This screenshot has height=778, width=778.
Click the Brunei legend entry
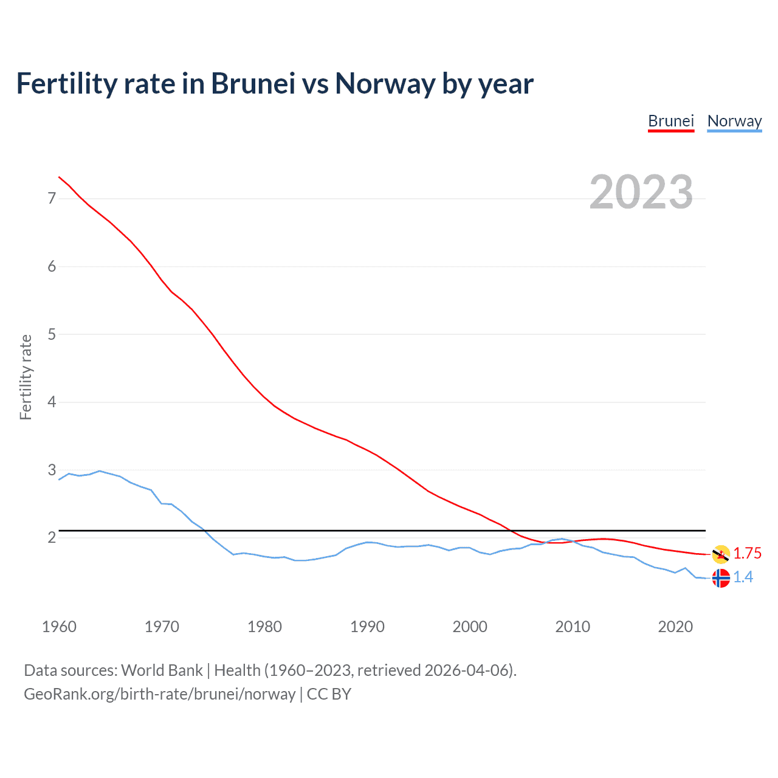[x=671, y=121]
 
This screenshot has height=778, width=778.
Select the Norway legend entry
[x=734, y=121]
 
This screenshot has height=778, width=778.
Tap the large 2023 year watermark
[x=641, y=192]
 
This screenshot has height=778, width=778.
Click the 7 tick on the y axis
[x=52, y=198]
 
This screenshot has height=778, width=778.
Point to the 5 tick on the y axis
[x=52, y=334]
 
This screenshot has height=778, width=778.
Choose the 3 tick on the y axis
[x=52, y=470]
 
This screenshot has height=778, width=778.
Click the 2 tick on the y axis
[x=52, y=538]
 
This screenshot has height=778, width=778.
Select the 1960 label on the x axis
[x=59, y=627]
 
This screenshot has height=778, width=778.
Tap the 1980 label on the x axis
[x=264, y=627]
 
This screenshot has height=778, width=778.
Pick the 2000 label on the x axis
[x=470, y=627]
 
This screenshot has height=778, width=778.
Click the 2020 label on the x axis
[x=675, y=627]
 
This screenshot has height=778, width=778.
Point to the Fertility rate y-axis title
[x=26, y=377]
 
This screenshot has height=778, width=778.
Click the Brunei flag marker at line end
[x=721, y=554]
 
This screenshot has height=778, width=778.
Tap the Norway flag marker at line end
[x=721, y=578]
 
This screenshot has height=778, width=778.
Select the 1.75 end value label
[x=747, y=553]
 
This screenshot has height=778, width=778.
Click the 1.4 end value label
[x=743, y=577]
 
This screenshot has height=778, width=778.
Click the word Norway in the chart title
[x=385, y=84]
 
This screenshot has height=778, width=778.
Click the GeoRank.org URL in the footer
[x=159, y=694]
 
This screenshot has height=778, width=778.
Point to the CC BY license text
[x=329, y=694]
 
